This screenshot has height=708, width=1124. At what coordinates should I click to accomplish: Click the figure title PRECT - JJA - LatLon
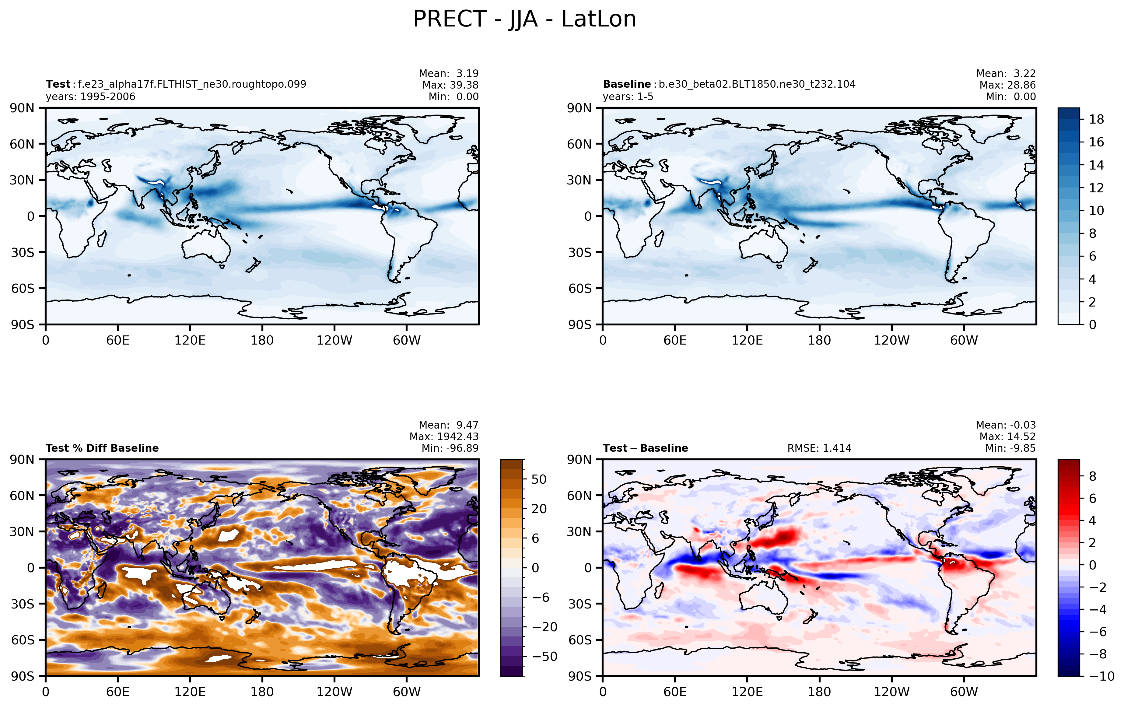(x=525, y=19)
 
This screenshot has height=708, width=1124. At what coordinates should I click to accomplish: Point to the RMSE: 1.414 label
(x=819, y=448)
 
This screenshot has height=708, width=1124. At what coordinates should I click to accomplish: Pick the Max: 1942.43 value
(x=444, y=436)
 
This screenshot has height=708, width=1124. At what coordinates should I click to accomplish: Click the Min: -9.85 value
(x=1010, y=448)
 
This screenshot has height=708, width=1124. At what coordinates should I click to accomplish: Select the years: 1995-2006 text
(x=91, y=96)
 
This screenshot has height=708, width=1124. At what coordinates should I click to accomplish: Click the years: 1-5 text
(x=628, y=96)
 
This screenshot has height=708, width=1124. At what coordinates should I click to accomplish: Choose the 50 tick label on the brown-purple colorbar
(x=539, y=479)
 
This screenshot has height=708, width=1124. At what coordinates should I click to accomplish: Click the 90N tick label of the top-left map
(x=22, y=108)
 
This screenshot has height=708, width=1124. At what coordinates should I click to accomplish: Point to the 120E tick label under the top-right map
(x=747, y=340)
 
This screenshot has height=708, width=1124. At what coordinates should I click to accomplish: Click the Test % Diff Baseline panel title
(x=102, y=448)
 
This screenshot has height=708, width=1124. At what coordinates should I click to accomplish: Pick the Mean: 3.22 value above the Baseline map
(x=1006, y=73)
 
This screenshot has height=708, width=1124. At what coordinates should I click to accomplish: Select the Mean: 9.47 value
(x=449, y=425)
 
